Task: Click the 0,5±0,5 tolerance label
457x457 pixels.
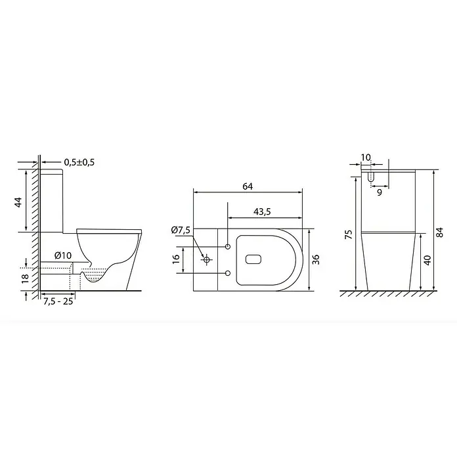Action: pos(79,162)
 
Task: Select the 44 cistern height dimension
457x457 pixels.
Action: pos(18,202)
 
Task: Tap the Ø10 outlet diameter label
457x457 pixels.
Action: pos(62,255)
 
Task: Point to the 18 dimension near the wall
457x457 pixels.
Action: pos(26,278)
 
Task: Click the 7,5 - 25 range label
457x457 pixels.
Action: pos(58,301)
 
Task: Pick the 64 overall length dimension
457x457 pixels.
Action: pos(248,186)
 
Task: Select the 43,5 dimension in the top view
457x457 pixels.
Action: pos(262,211)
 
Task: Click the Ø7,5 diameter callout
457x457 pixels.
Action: pos(181,230)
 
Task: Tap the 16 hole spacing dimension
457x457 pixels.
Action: pos(176,259)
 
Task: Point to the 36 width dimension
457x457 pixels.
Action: pos(316,259)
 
